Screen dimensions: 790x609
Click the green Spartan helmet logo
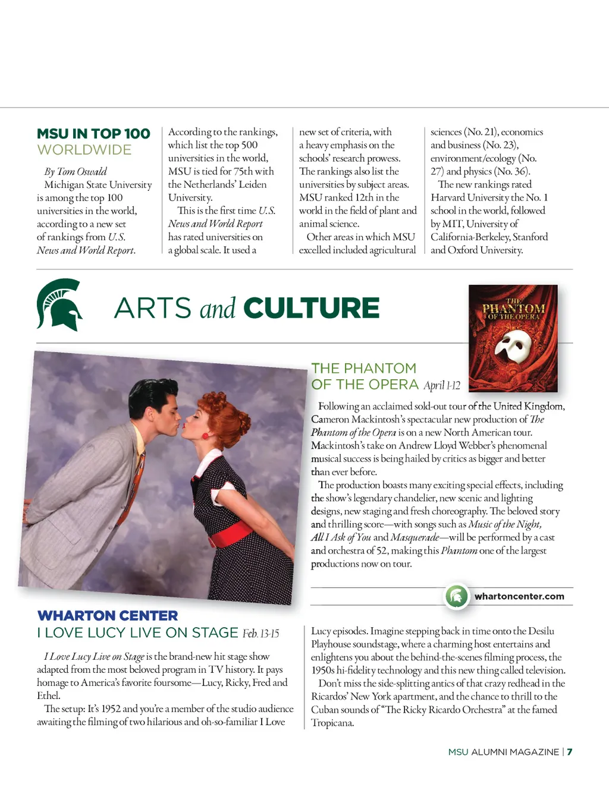click(x=58, y=304)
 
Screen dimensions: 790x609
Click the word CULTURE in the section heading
click(x=311, y=308)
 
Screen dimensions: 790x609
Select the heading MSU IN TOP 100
click(x=93, y=134)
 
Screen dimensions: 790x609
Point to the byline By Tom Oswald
click(x=76, y=172)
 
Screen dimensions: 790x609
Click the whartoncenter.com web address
click(x=519, y=596)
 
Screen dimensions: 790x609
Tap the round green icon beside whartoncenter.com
click(x=457, y=596)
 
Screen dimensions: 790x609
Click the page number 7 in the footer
click(x=570, y=752)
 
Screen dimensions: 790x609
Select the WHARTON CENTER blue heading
click(x=108, y=616)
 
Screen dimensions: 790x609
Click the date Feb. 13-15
click(x=260, y=634)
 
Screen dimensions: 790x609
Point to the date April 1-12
click(x=442, y=385)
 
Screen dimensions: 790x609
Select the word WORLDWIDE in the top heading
click(x=84, y=150)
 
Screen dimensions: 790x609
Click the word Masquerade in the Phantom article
click(x=415, y=537)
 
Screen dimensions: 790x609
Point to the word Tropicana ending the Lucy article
click(x=332, y=723)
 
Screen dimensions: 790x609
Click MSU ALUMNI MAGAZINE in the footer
click(x=503, y=752)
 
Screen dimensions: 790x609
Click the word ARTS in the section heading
click(x=153, y=308)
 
